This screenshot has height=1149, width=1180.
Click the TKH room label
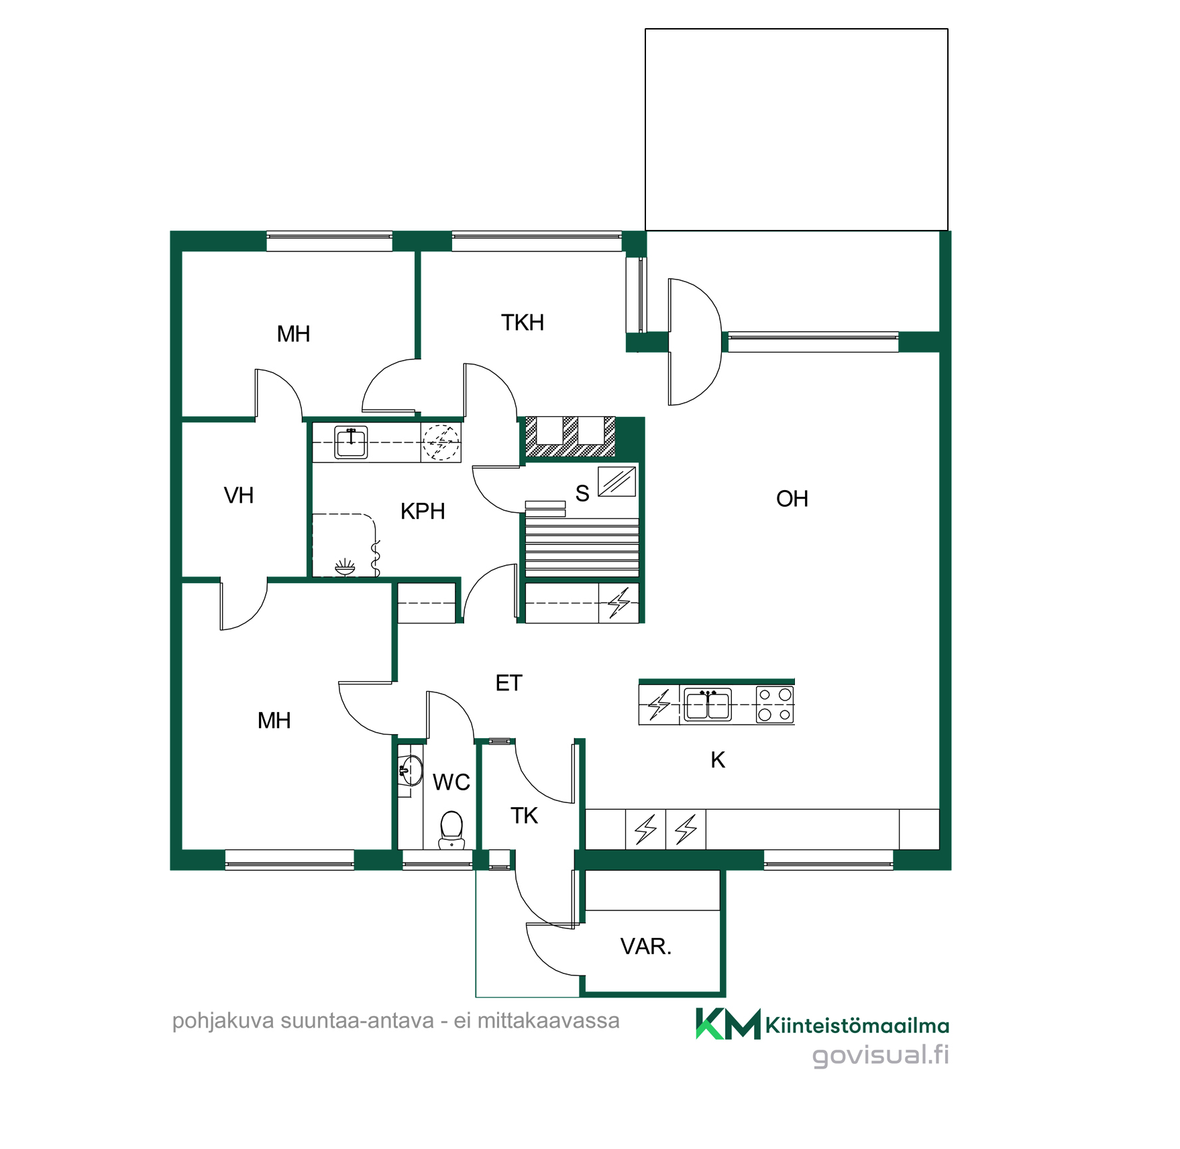pyautogui.click(x=523, y=322)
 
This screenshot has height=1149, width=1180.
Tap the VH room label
pyautogui.click(x=239, y=495)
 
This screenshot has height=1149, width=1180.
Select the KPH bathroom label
pyautogui.click(x=423, y=511)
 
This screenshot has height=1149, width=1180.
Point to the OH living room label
pyautogui.click(x=792, y=499)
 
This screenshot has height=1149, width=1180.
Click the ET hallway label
pyautogui.click(x=508, y=683)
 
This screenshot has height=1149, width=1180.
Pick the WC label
pyautogui.click(x=451, y=782)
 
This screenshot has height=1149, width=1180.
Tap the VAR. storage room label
pyautogui.click(x=646, y=947)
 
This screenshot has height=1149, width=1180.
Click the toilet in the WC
pyautogui.click(x=452, y=829)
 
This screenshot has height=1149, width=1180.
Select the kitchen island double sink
pyautogui.click(x=708, y=704)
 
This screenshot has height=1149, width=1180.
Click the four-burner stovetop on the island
pyautogui.click(x=775, y=705)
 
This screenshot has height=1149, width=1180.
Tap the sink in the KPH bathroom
pyautogui.click(x=351, y=442)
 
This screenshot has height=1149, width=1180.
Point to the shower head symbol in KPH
pyautogui.click(x=345, y=567)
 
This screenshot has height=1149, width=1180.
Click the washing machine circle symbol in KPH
pyautogui.click(x=441, y=442)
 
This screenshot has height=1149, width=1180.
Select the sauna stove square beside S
pyautogui.click(x=617, y=481)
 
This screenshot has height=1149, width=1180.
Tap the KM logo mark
pyautogui.click(x=729, y=1024)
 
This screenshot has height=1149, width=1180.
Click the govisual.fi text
pyautogui.click(x=881, y=1055)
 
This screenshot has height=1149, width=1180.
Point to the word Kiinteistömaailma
pyautogui.click(x=857, y=1026)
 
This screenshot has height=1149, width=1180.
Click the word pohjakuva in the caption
pyautogui.click(x=223, y=1022)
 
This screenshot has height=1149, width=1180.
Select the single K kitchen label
pyautogui.click(x=718, y=760)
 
